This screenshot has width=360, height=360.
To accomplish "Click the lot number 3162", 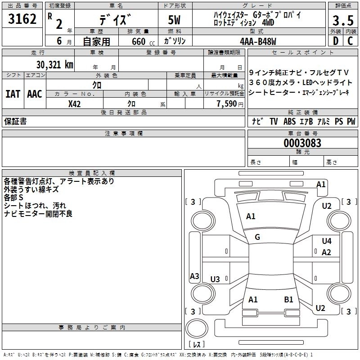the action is tap(22, 20).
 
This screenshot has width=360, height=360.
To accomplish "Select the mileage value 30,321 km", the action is tap(55, 64).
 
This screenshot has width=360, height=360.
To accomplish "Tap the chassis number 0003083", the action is tap(302, 144).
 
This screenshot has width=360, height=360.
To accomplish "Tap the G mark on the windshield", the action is tap(257, 237).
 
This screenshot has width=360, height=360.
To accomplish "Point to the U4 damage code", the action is tap(327, 241).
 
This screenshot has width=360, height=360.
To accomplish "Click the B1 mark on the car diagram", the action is tap(288, 299).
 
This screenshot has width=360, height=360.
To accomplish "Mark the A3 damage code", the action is tap(194, 276).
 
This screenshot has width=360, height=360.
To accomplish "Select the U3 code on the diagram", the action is tap(215, 279).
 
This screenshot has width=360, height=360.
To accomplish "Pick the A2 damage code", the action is tap(327, 252).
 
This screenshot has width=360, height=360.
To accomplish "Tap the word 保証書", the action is tap(15, 121).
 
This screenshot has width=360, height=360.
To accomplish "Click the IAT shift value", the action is tap(13, 94).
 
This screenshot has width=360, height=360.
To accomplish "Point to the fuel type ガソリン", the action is tap(175, 41).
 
